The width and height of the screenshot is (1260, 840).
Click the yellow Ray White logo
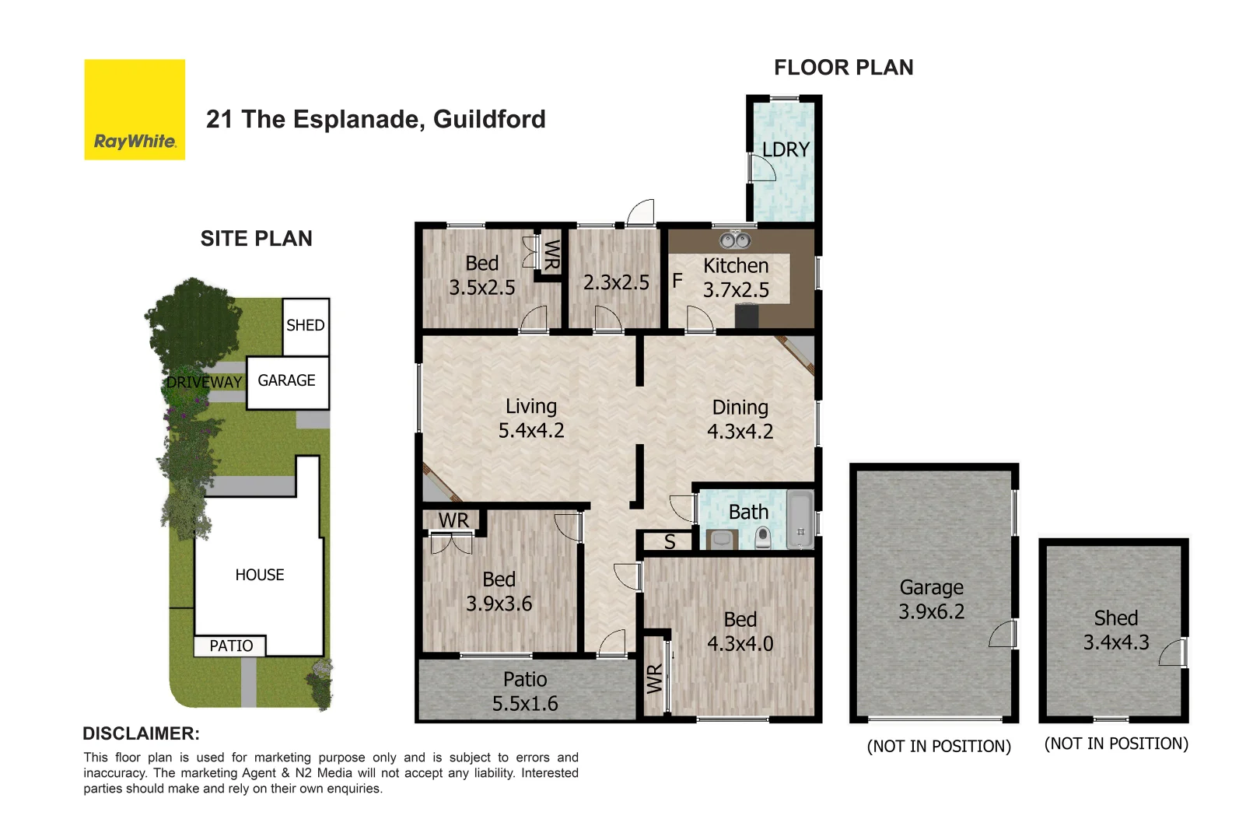[x=135, y=110]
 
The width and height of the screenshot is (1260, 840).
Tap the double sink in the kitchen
[x=735, y=240]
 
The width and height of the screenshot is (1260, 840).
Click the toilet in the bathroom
[x=762, y=537]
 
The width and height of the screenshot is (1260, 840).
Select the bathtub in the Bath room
[x=800, y=520]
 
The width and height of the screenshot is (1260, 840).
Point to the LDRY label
[x=786, y=149]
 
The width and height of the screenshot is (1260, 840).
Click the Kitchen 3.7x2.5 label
[x=736, y=278]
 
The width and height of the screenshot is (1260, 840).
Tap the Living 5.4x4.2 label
[x=531, y=418]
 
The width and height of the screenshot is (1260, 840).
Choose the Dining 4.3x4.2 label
[x=740, y=419]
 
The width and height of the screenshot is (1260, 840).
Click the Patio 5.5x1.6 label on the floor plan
[x=525, y=691]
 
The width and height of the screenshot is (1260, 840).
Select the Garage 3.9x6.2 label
[x=931, y=599]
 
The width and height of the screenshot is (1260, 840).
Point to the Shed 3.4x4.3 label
[x=1115, y=630]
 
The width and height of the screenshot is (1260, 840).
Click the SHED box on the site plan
[x=305, y=326]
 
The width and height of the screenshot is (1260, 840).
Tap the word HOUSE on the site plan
[x=260, y=575]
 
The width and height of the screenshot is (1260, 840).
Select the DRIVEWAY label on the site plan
[x=205, y=382]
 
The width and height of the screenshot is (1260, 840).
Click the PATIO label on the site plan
[x=231, y=646]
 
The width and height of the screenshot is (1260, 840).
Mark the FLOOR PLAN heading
[x=843, y=68]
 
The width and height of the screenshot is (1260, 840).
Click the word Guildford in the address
[x=489, y=119]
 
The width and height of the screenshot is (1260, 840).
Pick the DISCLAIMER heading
[x=141, y=733]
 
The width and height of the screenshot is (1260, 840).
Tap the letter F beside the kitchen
[x=677, y=280]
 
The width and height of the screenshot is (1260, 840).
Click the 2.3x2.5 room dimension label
[x=616, y=282]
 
